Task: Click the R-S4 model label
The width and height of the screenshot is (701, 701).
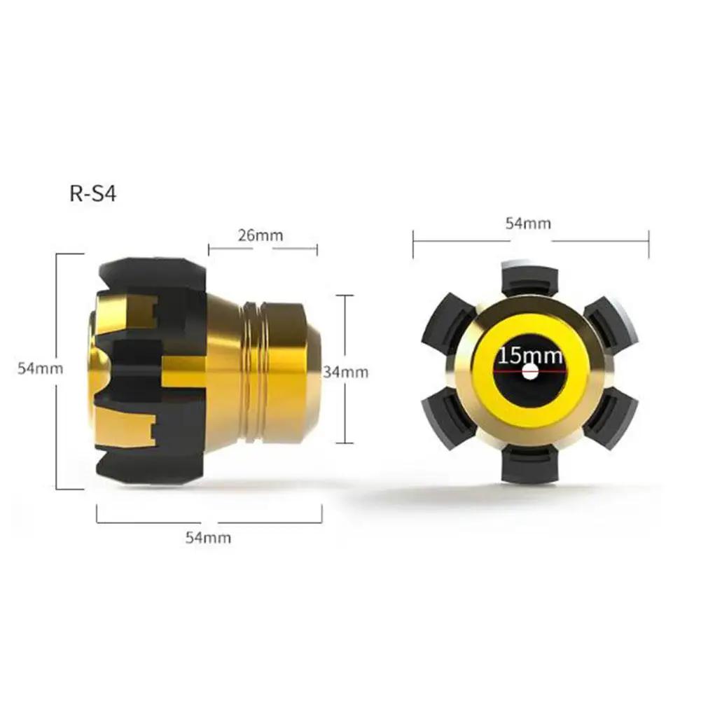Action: click(x=93, y=194)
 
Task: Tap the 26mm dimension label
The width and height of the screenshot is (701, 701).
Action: click(x=261, y=235)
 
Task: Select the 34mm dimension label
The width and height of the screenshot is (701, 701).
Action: click(x=345, y=372)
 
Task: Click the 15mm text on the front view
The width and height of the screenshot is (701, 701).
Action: click(x=530, y=356)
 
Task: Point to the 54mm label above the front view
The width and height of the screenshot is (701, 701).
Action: click(x=529, y=223)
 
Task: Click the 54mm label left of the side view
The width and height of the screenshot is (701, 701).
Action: click(x=40, y=368)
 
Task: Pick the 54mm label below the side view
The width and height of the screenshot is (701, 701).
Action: click(x=208, y=537)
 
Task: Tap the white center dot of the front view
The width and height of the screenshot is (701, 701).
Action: click(x=530, y=370)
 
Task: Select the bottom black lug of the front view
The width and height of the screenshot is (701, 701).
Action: click(x=529, y=465)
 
